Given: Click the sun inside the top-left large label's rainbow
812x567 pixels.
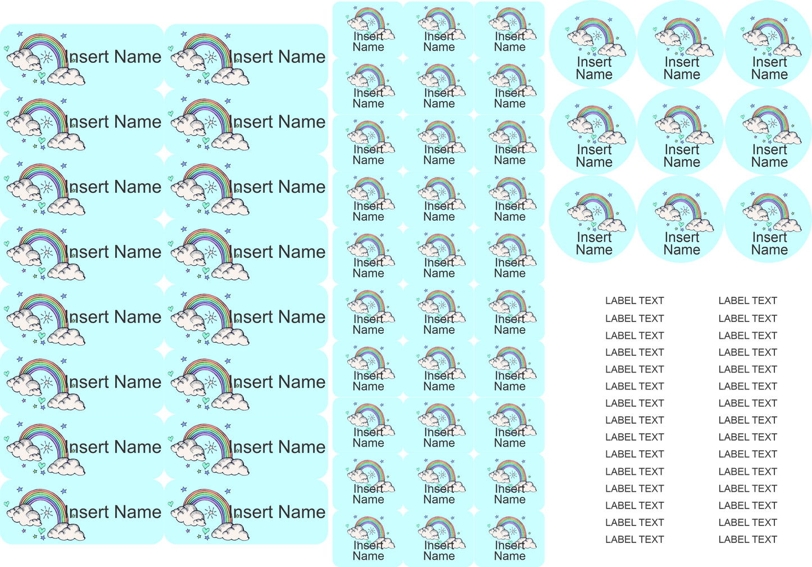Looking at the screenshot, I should pyautogui.click(x=47, y=57).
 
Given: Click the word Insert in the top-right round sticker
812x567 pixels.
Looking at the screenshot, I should pyautogui.click(x=769, y=62).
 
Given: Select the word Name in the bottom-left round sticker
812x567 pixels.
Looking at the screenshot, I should pyautogui.click(x=594, y=250).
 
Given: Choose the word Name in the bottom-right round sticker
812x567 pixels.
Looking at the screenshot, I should pyautogui.click(x=769, y=250).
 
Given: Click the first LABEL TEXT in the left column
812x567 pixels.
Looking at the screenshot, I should pyautogui.click(x=634, y=301).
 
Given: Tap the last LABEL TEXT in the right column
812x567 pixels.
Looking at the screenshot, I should pyautogui.click(x=747, y=539).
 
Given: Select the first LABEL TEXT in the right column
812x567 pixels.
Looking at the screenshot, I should pyautogui.click(x=747, y=301).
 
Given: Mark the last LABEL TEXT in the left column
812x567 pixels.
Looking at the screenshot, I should pyautogui.click(x=634, y=539).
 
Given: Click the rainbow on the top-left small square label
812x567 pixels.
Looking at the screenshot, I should pyautogui.click(x=368, y=17).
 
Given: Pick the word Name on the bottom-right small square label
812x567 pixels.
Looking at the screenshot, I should pyautogui.click(x=510, y=556).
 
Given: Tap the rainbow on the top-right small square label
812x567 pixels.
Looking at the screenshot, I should pyautogui.click(x=510, y=17).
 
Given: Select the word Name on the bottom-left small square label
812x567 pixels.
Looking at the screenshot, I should pyautogui.click(x=368, y=556).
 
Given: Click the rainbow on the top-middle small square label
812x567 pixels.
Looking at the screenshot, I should pyautogui.click(x=439, y=17).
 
